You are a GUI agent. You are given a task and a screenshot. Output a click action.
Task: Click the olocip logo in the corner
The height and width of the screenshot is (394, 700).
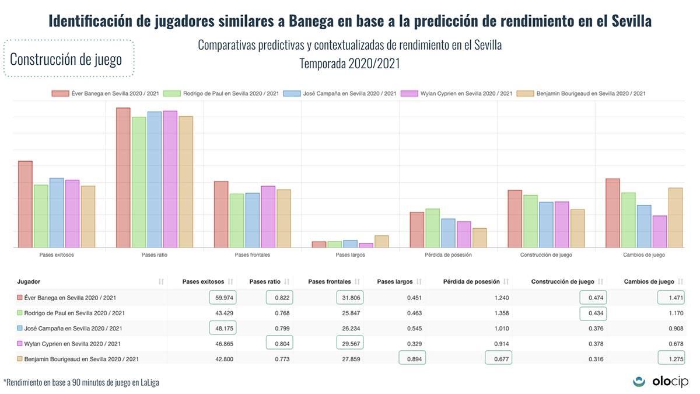click(x=660, y=381)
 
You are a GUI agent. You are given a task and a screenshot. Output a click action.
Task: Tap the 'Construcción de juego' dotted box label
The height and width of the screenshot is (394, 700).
click(x=66, y=59)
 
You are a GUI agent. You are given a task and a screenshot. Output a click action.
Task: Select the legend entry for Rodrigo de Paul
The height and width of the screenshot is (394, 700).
click(x=221, y=93)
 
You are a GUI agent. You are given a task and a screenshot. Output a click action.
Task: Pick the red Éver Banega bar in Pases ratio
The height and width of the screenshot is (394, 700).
click(x=123, y=177)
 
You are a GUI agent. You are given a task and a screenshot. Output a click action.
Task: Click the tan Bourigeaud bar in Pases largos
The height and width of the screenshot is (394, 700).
click(x=381, y=242)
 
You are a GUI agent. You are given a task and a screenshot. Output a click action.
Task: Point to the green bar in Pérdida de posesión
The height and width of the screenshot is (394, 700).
click(x=432, y=228)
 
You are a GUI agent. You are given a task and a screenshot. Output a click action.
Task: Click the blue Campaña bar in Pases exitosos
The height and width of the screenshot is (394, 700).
click(x=57, y=212)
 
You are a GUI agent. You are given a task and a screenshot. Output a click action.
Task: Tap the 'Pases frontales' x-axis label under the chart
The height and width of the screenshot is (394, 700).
click(x=252, y=255)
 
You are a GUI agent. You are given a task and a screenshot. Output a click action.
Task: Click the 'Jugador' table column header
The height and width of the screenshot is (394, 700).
click(x=29, y=281)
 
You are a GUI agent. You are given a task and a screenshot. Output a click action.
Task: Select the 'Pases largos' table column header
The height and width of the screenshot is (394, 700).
click(x=394, y=281)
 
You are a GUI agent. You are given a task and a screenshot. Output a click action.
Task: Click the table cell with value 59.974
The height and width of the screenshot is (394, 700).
click(x=223, y=298)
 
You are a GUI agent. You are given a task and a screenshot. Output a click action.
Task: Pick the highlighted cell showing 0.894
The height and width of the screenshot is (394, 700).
click(x=412, y=358)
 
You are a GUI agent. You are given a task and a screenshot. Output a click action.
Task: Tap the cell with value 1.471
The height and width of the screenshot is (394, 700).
click(x=671, y=298)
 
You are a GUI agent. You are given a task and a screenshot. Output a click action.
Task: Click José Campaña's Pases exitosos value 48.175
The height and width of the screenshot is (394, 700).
click(x=223, y=328)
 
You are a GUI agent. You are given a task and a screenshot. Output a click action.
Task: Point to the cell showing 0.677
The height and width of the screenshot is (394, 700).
click(x=499, y=358)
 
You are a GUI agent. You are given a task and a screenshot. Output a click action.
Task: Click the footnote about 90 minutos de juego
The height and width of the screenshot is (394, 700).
click(x=81, y=383)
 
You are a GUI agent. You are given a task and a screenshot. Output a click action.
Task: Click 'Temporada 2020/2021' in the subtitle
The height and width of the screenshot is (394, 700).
click(x=349, y=64)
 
